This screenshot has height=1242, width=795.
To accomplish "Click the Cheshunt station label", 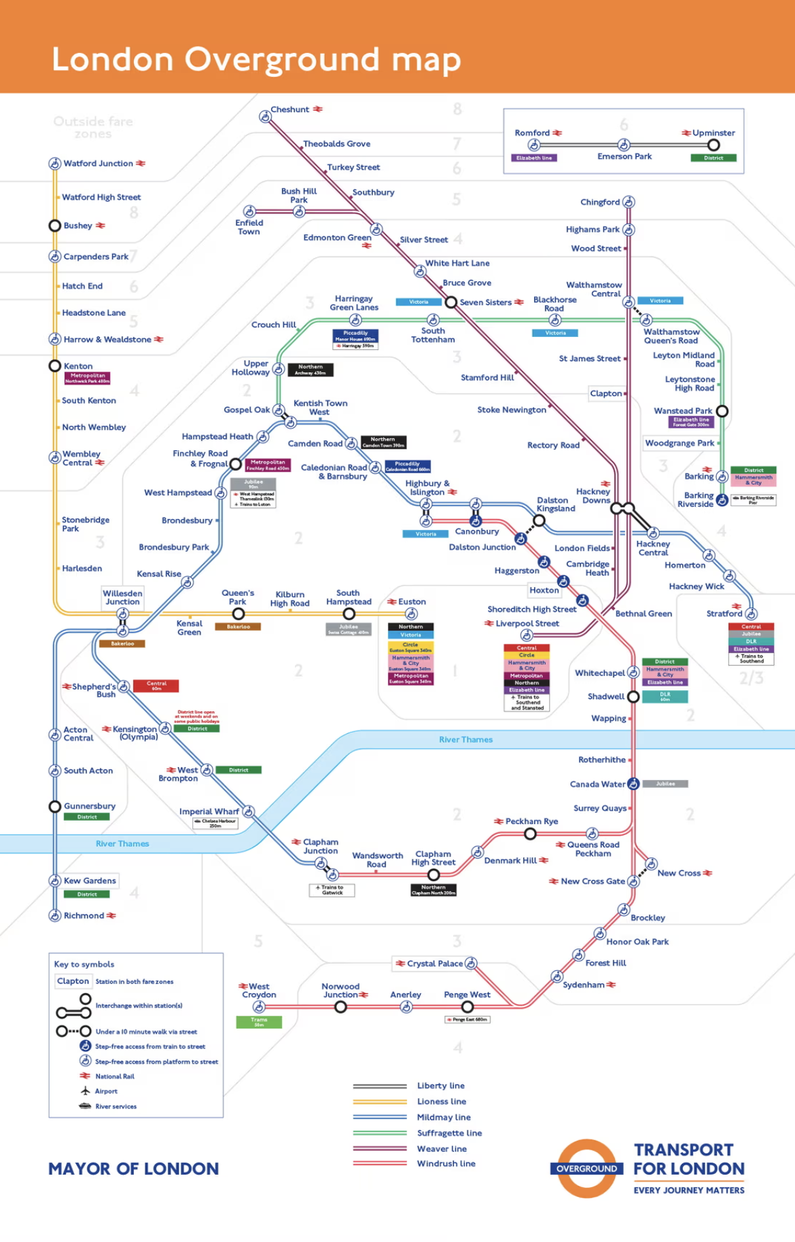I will tap(290, 109).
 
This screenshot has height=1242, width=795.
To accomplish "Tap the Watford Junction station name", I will tap(99, 164).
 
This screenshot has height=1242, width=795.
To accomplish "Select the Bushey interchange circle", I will tap(55, 226).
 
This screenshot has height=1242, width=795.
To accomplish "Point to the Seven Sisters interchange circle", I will tap(450, 302).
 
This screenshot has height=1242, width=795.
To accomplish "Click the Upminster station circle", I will tap(713, 145).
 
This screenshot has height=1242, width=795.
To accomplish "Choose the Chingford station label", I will tap(600, 202).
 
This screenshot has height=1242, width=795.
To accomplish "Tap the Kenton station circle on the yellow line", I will tap(55, 366).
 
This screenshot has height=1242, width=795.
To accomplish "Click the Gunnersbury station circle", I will tap(55, 806).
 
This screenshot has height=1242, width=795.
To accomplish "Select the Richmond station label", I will tap(84, 916).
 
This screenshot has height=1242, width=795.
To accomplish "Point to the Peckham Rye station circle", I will tap(531, 834).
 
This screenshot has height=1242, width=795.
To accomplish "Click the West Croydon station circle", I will tap(259, 1007).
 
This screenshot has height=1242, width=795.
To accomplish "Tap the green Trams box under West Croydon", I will tap(259, 1022).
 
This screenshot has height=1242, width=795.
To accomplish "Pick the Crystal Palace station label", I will tap(435, 963).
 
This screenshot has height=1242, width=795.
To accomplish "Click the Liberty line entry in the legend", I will tap(440, 1086).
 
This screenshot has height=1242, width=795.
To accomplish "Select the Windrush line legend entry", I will tap(446, 1164).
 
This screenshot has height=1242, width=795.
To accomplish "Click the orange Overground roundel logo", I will tap(586, 1169).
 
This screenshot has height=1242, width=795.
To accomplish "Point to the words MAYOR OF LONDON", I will tap(134, 1169).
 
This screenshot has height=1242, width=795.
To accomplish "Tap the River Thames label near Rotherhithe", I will tap(465, 740).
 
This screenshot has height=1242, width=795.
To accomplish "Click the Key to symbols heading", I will tap(84, 964).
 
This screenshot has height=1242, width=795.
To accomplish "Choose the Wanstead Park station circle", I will tap(722, 411).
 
